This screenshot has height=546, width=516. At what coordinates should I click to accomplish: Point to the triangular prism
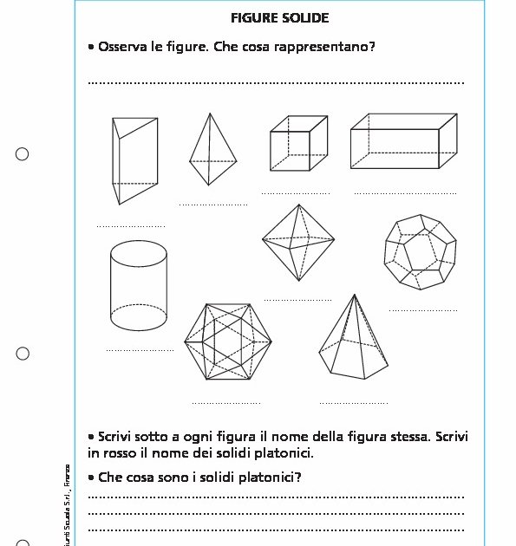[x=134, y=160]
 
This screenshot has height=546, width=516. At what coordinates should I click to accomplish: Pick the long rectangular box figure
[x=403, y=141]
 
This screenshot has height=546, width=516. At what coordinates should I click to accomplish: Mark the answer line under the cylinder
[x=140, y=350]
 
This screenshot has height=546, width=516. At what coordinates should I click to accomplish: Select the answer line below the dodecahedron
[x=422, y=309]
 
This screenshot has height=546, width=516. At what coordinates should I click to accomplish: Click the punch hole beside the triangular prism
[x=23, y=154]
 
